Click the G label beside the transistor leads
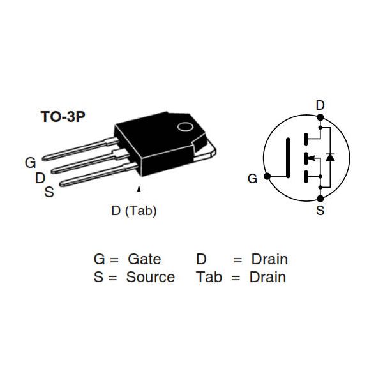click(30, 163)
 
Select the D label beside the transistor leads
click(40, 177)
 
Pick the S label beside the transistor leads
click(49, 191)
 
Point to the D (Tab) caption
click(133, 211)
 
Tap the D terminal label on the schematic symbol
click(320, 105)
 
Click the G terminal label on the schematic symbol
click(252, 179)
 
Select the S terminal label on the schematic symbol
click(320, 210)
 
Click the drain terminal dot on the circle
click(320, 117)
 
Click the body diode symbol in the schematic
click(330, 156)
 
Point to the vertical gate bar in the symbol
click(289, 156)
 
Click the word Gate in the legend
click(144, 260)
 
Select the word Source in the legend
click(150, 277)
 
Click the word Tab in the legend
click(209, 277)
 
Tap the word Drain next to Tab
click(267, 277)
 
